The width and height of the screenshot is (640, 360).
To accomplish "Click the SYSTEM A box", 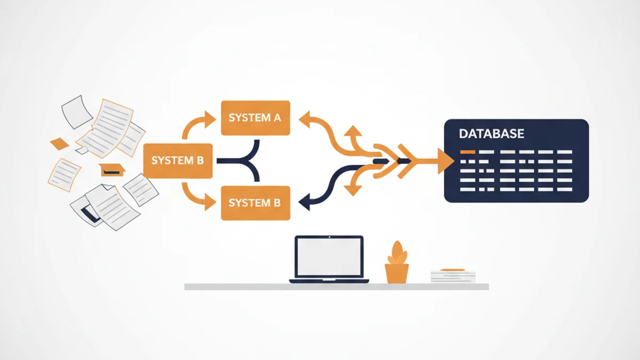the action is click(x=255, y=118).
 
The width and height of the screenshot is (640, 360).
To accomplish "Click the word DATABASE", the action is click(x=491, y=134).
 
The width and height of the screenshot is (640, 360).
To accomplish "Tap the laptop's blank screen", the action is click(x=329, y=257).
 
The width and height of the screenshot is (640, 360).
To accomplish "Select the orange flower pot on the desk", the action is click(x=397, y=274).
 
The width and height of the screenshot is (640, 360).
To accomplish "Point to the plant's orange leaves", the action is click(x=397, y=253).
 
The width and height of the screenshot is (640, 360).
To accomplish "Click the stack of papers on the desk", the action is click(x=453, y=276).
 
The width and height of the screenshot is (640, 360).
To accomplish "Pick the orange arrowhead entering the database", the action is click(x=446, y=161).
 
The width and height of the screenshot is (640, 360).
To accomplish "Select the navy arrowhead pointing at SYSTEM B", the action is click(x=305, y=202).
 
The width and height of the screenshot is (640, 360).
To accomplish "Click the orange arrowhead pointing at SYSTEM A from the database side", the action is click(x=305, y=119).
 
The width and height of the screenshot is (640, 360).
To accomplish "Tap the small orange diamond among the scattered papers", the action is click(x=59, y=143).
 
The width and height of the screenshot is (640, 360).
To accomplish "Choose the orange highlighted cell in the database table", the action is click(x=467, y=152).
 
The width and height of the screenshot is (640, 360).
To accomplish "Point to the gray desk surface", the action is click(x=337, y=286).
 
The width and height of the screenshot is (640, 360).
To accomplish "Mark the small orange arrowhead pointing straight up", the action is click(x=353, y=131).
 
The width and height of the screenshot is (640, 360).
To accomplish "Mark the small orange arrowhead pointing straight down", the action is click(x=353, y=190).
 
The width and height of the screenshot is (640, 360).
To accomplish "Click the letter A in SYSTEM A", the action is click(x=277, y=118).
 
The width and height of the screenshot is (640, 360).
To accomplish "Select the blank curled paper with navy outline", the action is click(x=77, y=112).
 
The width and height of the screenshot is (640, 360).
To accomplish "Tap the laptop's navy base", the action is click(x=329, y=281).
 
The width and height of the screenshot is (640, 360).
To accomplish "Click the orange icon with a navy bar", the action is click(x=111, y=170).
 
